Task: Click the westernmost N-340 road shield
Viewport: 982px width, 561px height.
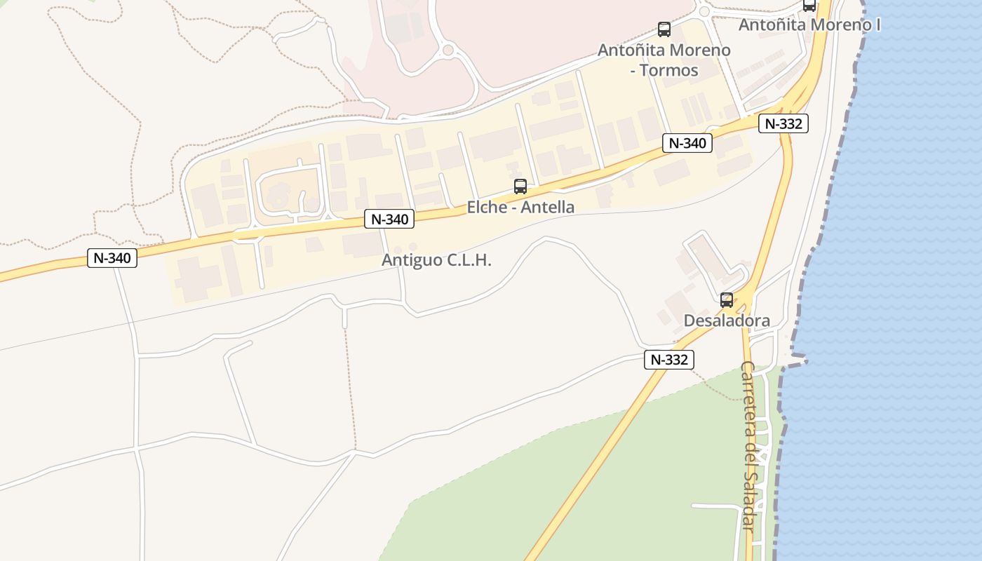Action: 112,258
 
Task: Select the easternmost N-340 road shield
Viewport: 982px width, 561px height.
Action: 687,143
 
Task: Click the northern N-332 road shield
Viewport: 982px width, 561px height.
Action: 783,124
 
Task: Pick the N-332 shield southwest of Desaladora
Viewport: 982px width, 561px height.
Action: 669,360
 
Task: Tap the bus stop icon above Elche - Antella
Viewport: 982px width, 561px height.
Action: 520,187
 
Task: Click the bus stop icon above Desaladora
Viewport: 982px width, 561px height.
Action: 727,300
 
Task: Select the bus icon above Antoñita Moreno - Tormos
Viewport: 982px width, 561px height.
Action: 664,29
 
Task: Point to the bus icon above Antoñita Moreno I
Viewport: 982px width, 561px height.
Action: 809,5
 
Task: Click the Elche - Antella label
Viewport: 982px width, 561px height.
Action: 520,207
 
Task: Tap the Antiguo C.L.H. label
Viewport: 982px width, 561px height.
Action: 436,260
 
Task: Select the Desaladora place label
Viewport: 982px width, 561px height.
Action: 727,321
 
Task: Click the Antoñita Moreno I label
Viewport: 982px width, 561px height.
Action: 809,25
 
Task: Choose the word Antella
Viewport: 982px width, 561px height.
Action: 546,207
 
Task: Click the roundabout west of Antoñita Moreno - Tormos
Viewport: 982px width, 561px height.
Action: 448,50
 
